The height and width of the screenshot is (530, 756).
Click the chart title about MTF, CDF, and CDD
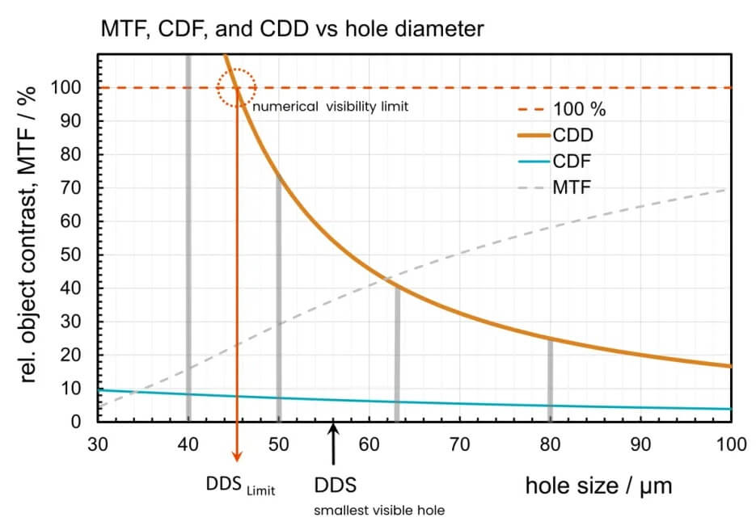(x=292, y=30)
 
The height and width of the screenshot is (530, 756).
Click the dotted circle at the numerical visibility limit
(x=236, y=87)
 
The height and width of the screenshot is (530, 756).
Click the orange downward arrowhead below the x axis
(x=236, y=452)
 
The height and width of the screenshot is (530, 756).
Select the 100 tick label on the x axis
(x=730, y=444)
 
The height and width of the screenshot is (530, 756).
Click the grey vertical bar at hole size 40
(x=188, y=242)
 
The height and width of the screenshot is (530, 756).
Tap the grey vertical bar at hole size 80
(x=550, y=380)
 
